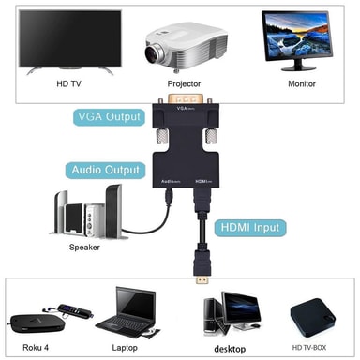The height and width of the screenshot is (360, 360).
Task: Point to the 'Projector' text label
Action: [184, 83]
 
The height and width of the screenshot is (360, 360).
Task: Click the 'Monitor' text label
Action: [300, 83]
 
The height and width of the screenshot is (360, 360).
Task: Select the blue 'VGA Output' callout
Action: [110, 118]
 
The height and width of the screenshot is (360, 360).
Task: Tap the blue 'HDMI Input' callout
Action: [251, 226]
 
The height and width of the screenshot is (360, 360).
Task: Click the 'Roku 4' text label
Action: [34, 346]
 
